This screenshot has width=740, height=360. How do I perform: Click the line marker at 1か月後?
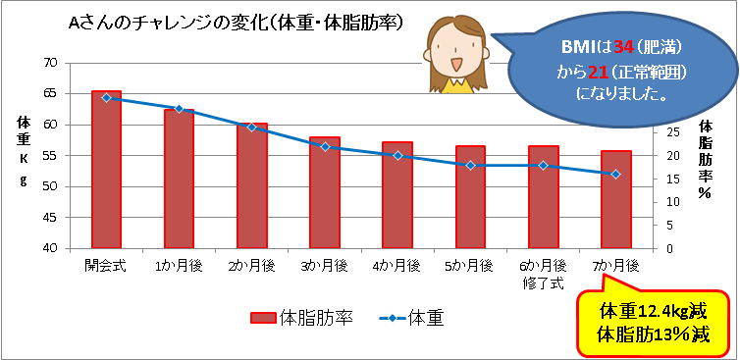[179, 109]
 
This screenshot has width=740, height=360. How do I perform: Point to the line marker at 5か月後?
[470, 165]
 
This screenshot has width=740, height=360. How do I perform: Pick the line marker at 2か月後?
[251, 128]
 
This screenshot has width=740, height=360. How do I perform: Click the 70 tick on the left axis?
[50, 63]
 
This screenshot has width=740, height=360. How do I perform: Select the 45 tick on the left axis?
[50, 218]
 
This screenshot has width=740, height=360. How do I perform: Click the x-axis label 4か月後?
[396, 266]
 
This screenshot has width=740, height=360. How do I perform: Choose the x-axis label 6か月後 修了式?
[542, 272]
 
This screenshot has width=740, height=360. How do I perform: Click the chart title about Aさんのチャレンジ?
[240, 22]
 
